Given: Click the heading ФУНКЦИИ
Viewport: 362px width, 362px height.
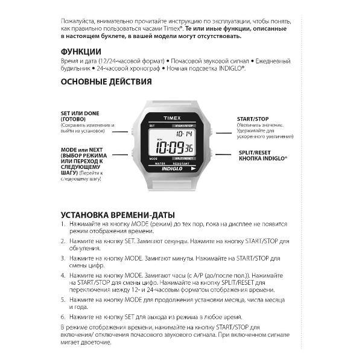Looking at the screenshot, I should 81,51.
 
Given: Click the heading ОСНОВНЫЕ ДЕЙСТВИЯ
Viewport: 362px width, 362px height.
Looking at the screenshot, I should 106,81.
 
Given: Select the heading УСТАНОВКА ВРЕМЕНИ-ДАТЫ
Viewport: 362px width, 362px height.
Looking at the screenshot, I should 118,215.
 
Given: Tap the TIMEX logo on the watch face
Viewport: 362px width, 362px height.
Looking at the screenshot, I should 171,119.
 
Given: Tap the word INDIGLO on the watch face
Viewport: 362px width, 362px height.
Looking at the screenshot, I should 172,168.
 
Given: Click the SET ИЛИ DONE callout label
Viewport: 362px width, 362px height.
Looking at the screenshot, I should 80,114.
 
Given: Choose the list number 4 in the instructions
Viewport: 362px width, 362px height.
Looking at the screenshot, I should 63,275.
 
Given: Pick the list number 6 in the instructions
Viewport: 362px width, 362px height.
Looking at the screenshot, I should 63,317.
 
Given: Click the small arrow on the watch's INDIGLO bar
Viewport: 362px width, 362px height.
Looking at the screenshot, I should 193,169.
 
